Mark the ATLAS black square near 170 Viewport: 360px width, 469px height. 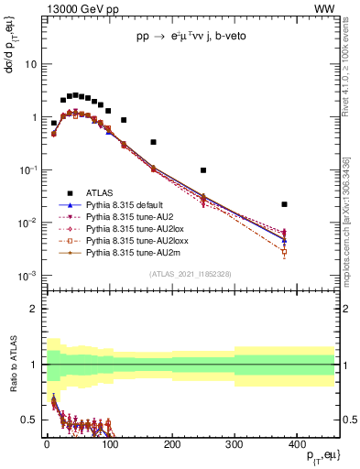tap(153, 142)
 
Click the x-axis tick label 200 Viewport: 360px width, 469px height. tap(171, 443)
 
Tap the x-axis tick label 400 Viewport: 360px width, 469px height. tap(297, 443)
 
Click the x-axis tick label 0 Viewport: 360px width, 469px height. tap(47, 443)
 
